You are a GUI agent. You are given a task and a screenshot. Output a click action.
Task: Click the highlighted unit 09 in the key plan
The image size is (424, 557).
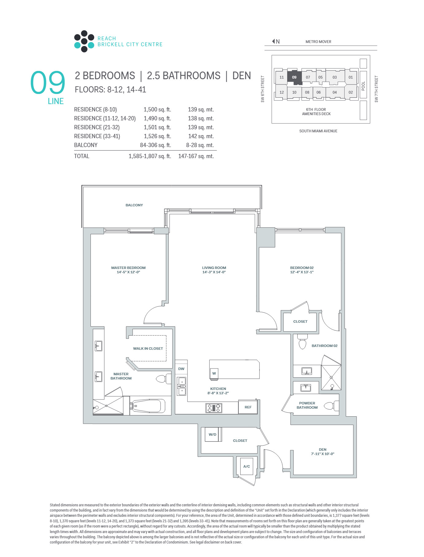[x=294, y=77]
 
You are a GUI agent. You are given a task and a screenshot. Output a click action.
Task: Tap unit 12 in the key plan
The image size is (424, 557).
[x=282, y=92]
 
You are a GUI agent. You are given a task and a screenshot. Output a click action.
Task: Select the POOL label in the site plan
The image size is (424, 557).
[x=363, y=86]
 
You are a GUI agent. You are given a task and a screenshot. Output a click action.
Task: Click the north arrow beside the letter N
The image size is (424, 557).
[x=273, y=41]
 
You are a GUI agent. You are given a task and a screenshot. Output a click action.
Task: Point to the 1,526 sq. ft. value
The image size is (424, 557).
[x=157, y=136]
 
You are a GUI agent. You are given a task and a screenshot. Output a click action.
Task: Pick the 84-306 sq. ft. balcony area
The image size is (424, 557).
[x=156, y=145]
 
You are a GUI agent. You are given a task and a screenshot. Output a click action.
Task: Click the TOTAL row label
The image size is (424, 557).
[x=82, y=156]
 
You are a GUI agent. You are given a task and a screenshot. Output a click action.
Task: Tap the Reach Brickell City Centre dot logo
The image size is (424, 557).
[x=84, y=41]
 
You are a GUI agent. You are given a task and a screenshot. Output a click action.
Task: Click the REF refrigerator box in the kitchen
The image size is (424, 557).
[x=248, y=407]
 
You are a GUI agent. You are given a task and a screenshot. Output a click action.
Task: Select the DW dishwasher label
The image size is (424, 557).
[x=181, y=369]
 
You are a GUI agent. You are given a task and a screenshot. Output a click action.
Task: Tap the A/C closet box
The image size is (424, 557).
[x=247, y=466]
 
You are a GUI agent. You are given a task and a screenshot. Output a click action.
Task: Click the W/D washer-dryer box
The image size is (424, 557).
[x=212, y=434]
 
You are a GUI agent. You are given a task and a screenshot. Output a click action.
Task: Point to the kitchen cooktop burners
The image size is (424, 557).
[x=214, y=408]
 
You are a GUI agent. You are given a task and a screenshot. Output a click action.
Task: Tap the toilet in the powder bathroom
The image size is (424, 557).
[x=330, y=406]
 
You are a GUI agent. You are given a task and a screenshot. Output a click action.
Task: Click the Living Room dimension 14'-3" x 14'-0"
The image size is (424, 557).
[x=214, y=272]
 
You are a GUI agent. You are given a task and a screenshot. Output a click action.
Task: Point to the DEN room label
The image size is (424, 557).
[x=322, y=450]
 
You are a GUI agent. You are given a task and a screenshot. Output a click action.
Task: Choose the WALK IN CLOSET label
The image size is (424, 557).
[x=148, y=349]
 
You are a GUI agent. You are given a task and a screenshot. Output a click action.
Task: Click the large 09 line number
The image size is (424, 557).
[x=48, y=82]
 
